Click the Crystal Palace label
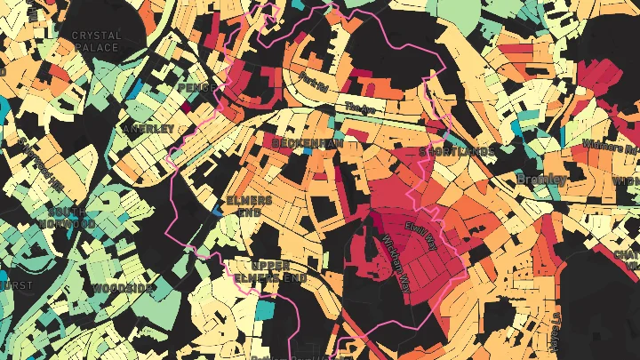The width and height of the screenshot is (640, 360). [96, 41]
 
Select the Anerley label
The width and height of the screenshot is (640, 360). [148, 129]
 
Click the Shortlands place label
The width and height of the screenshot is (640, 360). [457, 152]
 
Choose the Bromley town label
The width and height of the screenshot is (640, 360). [541, 180]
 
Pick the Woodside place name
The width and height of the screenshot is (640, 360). [124, 289]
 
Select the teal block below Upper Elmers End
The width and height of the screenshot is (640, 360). [265, 310]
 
